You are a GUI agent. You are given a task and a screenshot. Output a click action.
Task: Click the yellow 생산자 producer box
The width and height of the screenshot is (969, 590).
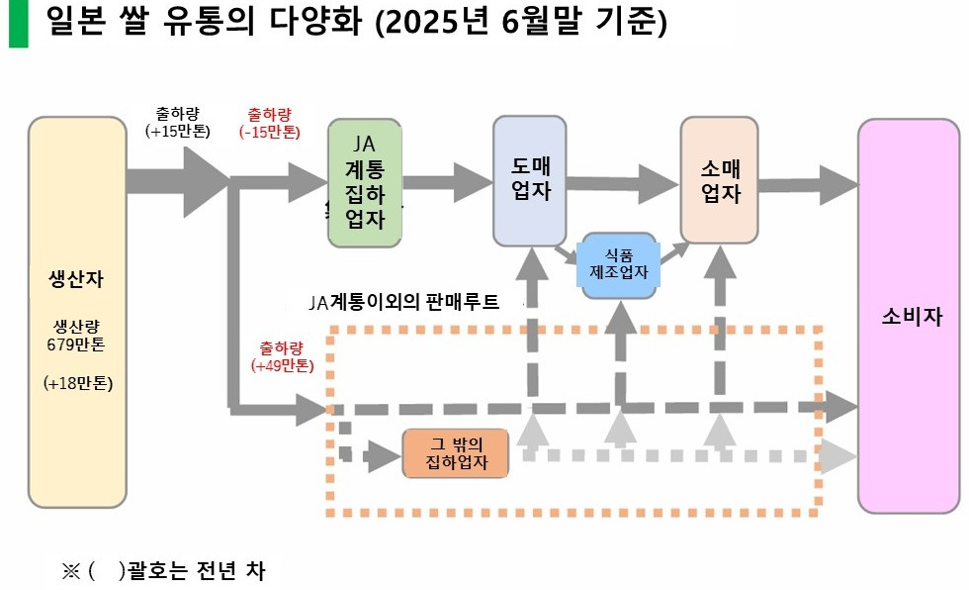pyautogui.click(x=76, y=312)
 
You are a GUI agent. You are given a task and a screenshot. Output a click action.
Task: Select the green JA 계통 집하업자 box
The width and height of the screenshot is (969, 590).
pyautogui.click(x=364, y=184)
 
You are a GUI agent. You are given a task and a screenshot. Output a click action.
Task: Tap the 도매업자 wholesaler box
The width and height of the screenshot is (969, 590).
pyautogui.click(x=529, y=181)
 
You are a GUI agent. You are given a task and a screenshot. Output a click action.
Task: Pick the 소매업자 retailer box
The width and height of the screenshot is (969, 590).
pyautogui.click(x=720, y=179)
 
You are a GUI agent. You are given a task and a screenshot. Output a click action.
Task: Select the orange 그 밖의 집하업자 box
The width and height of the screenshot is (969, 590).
pyautogui.click(x=455, y=453)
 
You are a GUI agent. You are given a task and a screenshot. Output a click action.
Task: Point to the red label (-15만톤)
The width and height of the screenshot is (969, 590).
pyautogui.click(x=270, y=131)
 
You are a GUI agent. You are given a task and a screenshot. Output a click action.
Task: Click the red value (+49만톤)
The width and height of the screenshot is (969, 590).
pyautogui.click(x=282, y=365)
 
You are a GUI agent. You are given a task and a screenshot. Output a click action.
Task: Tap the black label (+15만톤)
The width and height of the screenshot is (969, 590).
pyautogui.click(x=177, y=131)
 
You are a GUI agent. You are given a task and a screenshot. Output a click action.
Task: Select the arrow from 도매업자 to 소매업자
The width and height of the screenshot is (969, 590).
pyautogui.click(x=623, y=180)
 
